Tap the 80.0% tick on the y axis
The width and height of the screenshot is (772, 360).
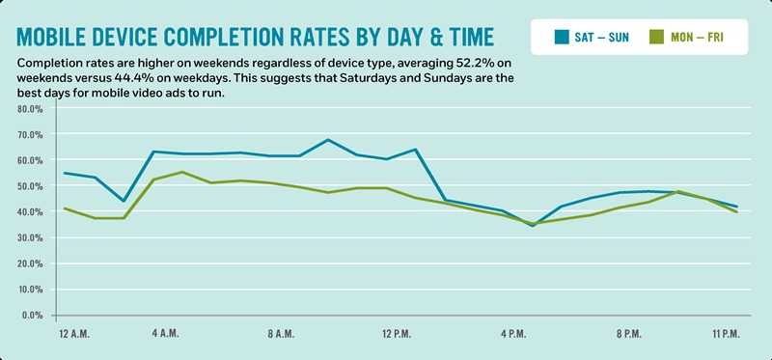(x=30, y=108)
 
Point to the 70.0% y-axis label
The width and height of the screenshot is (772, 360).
(x=30, y=134)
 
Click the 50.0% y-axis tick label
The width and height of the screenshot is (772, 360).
(x=30, y=185)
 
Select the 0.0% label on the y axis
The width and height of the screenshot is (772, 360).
(x=32, y=315)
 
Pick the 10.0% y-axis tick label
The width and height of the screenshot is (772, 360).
(x=30, y=289)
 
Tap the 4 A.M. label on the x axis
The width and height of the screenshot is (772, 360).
(x=165, y=334)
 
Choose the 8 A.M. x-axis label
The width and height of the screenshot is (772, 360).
(x=281, y=334)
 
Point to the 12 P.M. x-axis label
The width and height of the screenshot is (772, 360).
(x=396, y=334)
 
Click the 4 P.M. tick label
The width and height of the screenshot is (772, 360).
(x=511, y=334)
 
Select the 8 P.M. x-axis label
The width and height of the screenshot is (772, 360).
(x=627, y=334)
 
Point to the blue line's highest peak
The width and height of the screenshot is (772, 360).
(x=328, y=140)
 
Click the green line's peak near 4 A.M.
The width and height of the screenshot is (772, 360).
(x=183, y=172)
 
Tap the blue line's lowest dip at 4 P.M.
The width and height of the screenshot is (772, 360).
(x=532, y=226)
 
